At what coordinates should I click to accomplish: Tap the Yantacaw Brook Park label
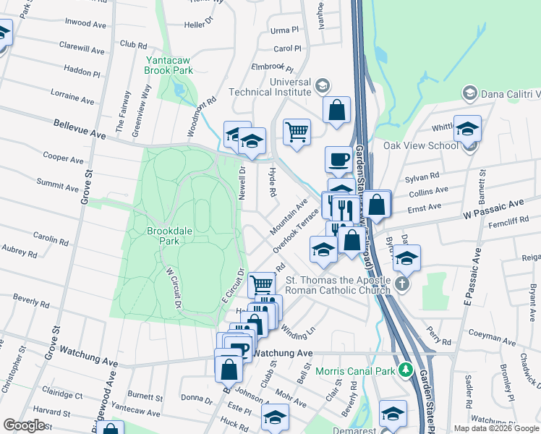point(169,65)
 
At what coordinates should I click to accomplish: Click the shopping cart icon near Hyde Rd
point(297,132)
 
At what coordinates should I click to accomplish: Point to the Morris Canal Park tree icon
point(407,371)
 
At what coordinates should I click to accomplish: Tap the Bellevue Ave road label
point(80,129)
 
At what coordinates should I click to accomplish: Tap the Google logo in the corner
point(24,425)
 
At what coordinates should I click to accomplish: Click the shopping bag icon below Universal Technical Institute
point(337,111)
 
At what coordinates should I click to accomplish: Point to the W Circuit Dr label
point(173,289)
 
